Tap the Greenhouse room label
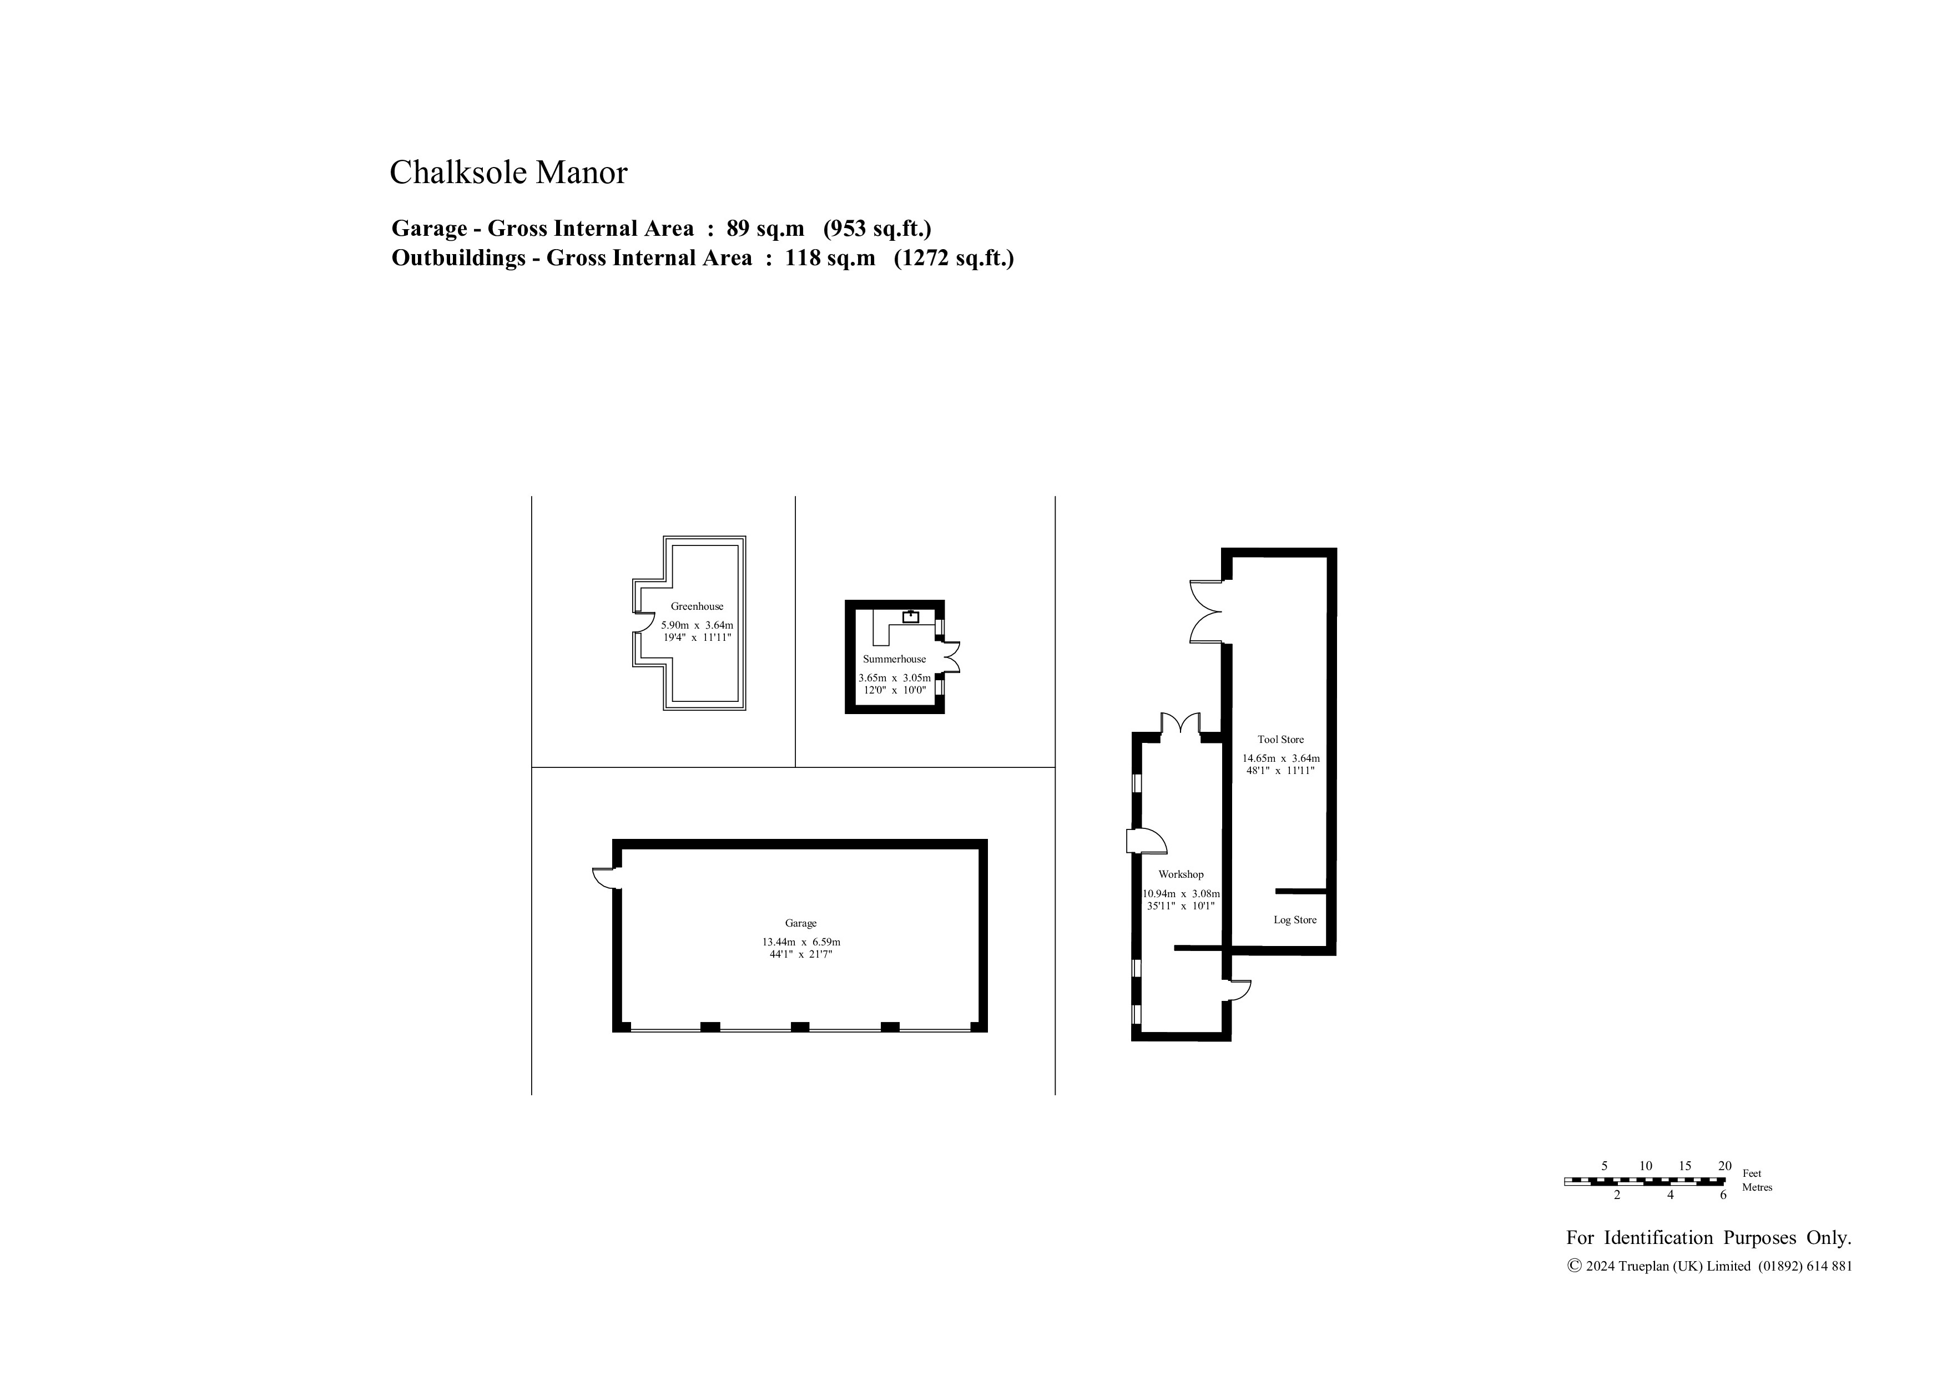click(697, 606)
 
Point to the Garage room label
click(800, 923)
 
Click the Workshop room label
click(1181, 874)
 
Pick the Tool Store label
click(1280, 739)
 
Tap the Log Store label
click(1295, 920)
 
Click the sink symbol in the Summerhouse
click(911, 616)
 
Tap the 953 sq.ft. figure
click(877, 228)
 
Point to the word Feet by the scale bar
click(1752, 1173)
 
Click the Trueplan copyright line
click(1709, 1266)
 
